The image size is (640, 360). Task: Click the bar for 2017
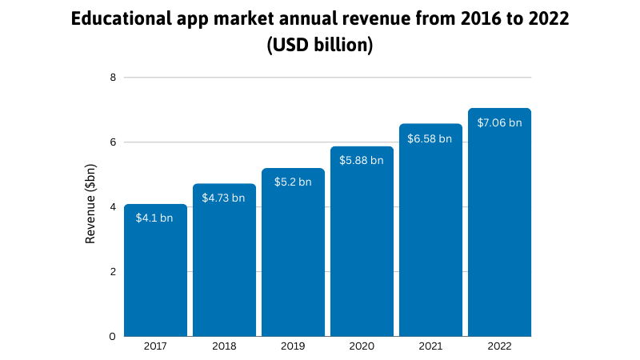(x=155, y=272)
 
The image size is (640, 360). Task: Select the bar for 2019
(x=293, y=256)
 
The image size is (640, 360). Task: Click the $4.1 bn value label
(x=154, y=218)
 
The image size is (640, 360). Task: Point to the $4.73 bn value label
(x=223, y=198)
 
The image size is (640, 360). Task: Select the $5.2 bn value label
(x=292, y=182)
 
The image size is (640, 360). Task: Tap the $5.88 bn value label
(x=362, y=160)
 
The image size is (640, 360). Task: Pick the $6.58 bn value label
(x=430, y=138)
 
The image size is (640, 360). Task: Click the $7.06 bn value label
(x=499, y=122)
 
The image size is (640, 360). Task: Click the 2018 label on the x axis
(x=224, y=347)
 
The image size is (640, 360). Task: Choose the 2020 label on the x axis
(x=362, y=347)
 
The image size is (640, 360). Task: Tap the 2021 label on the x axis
(x=430, y=347)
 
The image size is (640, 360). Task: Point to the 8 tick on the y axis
(x=113, y=78)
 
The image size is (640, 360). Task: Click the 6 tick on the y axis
(x=113, y=142)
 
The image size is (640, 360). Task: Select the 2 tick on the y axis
(x=113, y=271)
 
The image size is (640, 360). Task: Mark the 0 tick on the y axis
(x=113, y=336)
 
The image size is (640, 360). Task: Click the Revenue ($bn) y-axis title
(x=91, y=207)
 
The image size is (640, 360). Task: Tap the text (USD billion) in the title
(x=320, y=46)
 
